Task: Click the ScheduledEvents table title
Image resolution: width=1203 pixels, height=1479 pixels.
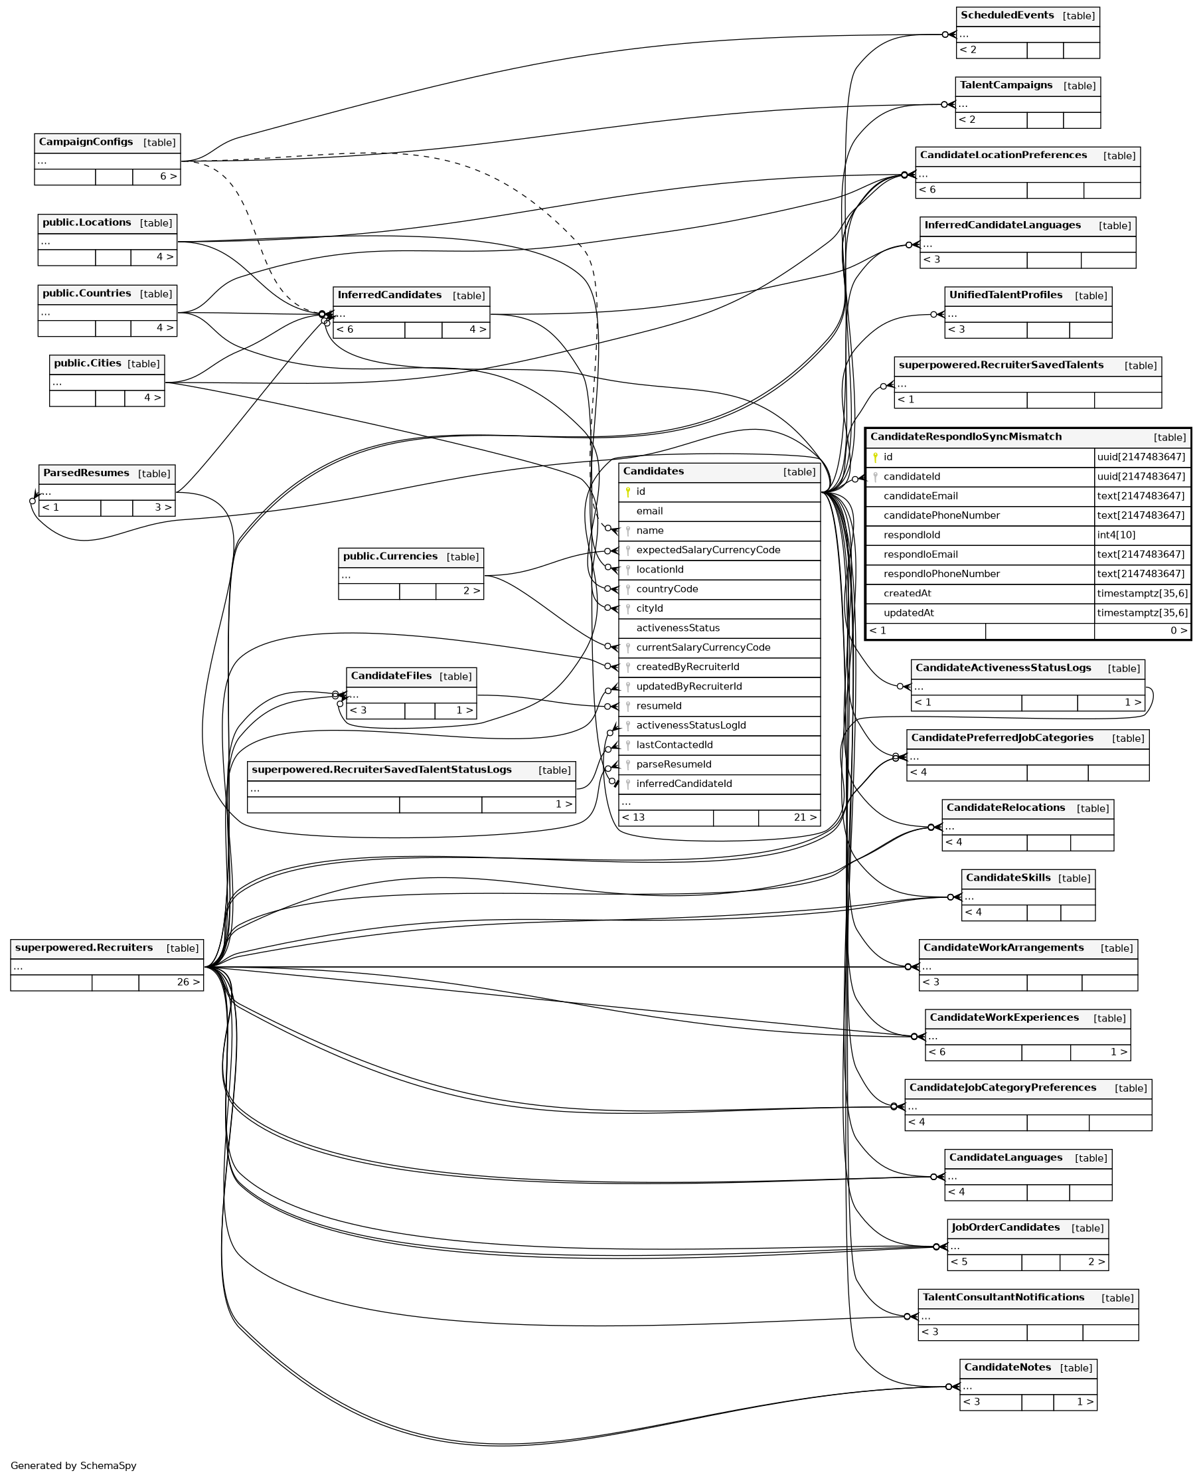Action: [1007, 15]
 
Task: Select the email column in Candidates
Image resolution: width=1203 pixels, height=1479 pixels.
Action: [649, 511]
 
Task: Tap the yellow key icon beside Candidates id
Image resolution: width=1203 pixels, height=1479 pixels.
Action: [628, 491]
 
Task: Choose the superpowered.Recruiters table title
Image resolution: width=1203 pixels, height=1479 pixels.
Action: [84, 948]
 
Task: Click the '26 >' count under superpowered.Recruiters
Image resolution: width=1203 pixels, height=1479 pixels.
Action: [188, 982]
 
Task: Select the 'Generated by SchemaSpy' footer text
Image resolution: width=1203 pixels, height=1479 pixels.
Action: [74, 1465]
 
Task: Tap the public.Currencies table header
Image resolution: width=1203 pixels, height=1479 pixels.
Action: [390, 556]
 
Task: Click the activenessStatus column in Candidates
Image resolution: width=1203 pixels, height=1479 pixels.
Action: [678, 627]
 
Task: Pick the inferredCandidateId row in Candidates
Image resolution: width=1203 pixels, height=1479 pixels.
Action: [684, 783]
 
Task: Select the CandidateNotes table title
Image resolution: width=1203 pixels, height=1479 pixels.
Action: [1008, 1367]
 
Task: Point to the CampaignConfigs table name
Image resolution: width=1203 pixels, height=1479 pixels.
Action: [86, 141]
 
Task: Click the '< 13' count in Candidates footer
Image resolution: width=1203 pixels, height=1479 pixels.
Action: [633, 817]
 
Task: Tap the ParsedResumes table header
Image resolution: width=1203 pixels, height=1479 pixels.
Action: [86, 473]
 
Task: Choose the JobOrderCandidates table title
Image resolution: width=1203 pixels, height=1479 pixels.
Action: [1006, 1227]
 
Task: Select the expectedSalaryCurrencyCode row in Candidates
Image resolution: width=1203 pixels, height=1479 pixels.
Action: [708, 550]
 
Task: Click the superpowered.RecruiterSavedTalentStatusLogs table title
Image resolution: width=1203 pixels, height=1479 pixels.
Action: [381, 769]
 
